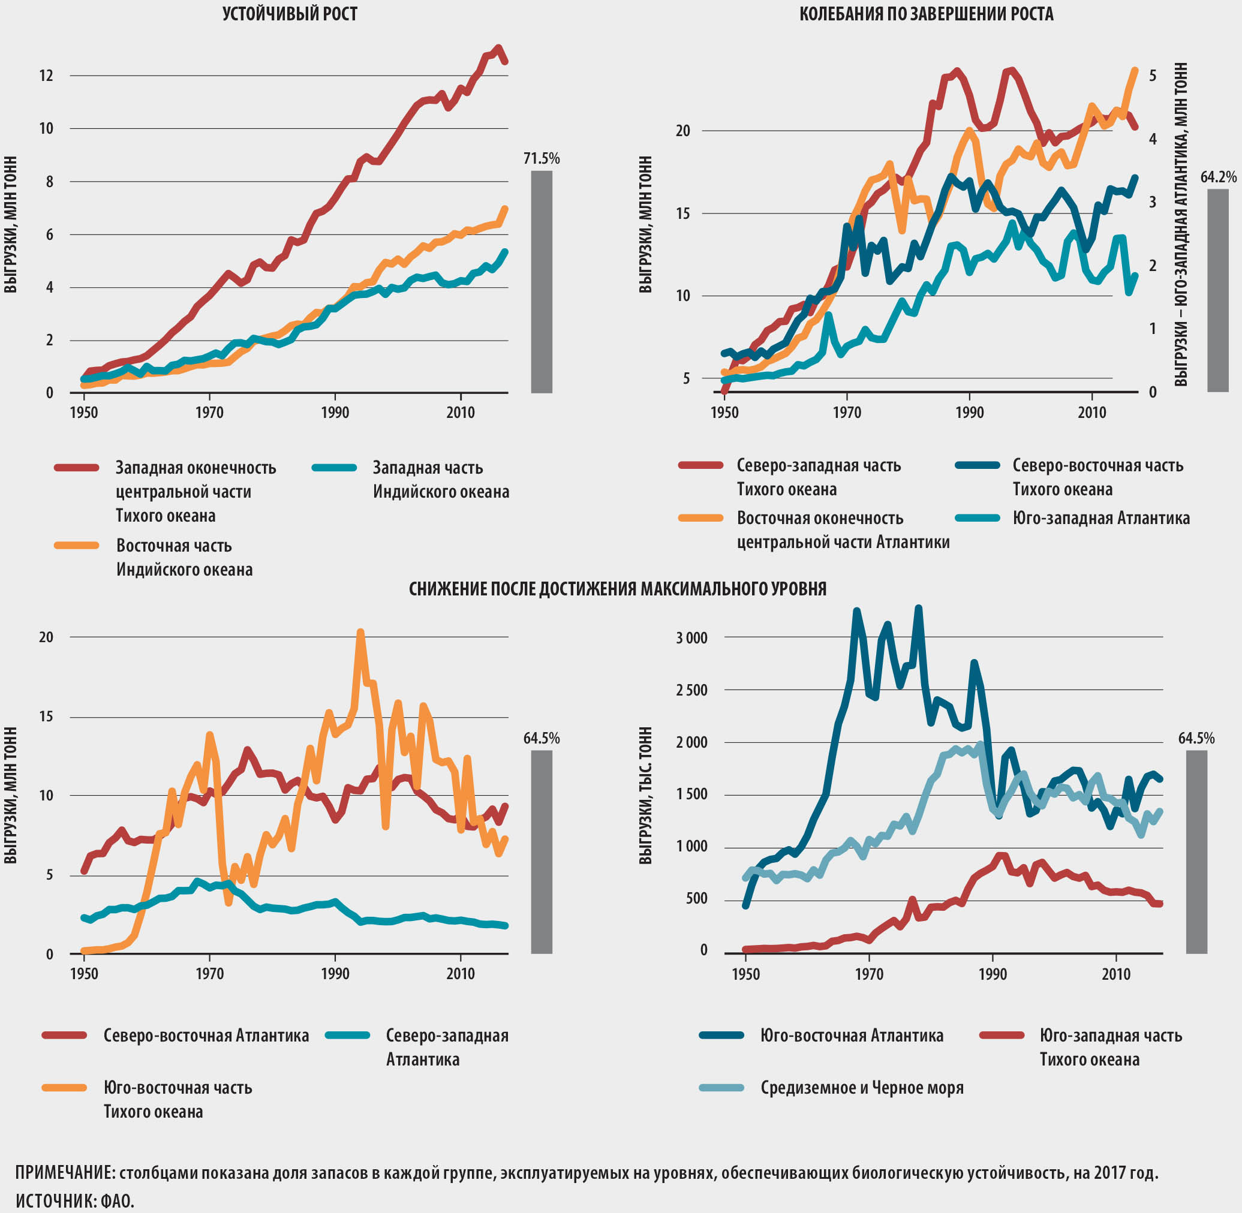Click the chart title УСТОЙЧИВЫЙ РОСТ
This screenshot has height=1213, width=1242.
290,14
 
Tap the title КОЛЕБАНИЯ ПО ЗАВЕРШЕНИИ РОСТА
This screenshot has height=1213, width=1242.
926,14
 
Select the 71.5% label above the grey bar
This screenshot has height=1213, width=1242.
542,159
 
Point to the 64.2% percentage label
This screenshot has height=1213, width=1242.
1218,177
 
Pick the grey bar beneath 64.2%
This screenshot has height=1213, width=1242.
1217,290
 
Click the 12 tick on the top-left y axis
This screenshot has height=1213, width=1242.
47,76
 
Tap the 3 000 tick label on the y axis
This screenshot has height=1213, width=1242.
691,639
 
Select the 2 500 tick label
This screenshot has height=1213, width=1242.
691,691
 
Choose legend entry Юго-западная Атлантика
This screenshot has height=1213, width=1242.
1100,519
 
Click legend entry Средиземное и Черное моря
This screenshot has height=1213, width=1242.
862,1088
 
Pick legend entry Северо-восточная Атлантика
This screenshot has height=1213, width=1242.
206,1036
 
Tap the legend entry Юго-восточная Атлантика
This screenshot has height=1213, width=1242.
852,1036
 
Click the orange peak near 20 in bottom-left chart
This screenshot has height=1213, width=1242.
360,633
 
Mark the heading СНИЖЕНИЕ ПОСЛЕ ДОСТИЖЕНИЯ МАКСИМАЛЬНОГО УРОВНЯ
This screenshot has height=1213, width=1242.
618,589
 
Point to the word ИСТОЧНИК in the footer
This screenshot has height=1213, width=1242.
53,1202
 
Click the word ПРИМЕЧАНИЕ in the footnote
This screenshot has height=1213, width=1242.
64,1173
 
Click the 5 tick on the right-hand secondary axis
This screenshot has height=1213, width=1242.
1152,76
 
